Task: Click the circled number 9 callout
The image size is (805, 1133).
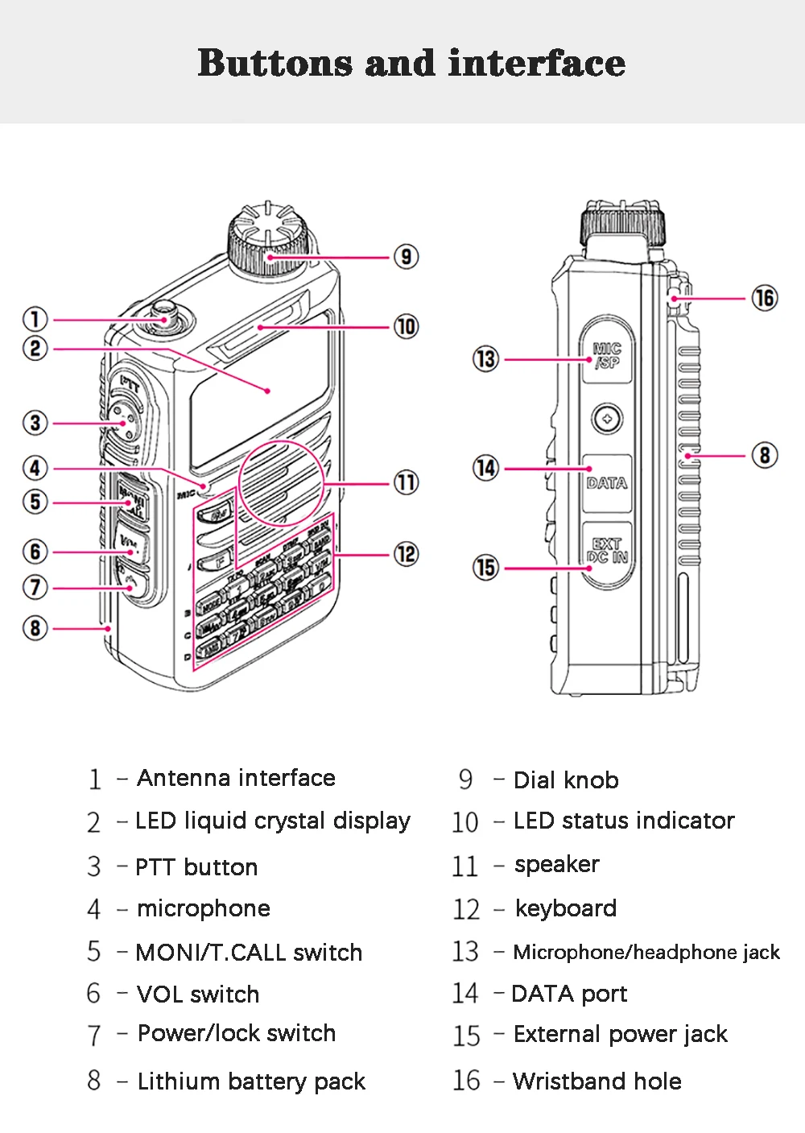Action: pyautogui.click(x=406, y=257)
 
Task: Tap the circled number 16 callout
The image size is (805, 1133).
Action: pyautogui.click(x=764, y=298)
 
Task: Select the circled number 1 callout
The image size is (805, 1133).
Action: pyautogui.click(x=35, y=320)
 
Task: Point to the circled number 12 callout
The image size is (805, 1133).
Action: pyautogui.click(x=406, y=554)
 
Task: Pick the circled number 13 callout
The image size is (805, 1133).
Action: pyautogui.click(x=485, y=359)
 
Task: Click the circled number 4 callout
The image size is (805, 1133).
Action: pyautogui.click(x=35, y=468)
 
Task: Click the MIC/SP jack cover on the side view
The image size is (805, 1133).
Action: pyautogui.click(x=607, y=355)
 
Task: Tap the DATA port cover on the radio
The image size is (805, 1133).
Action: pyautogui.click(x=607, y=482)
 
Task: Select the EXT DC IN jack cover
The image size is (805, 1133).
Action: pyautogui.click(x=607, y=551)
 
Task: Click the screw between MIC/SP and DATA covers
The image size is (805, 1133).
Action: pyautogui.click(x=607, y=419)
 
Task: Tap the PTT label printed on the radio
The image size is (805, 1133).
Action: pyautogui.click(x=130, y=384)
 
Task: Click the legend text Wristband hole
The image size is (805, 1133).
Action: pyautogui.click(x=597, y=1081)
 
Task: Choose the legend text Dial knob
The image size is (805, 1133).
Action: pyautogui.click(x=566, y=779)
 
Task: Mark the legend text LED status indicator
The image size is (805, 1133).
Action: pyautogui.click(x=624, y=821)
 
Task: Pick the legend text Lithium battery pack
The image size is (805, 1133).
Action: pyautogui.click(x=251, y=1081)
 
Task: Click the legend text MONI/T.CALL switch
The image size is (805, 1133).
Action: pyautogui.click(x=249, y=952)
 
